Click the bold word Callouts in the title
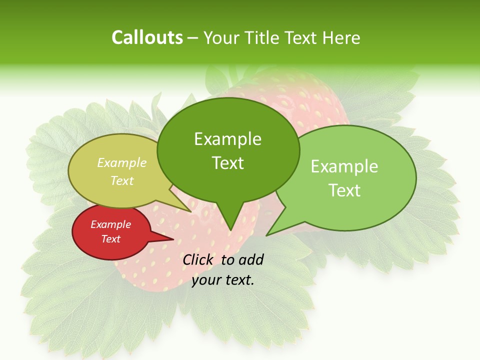pos(147,37)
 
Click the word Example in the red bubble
pos(111,224)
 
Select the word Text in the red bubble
pos(111,239)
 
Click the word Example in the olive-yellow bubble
pos(122,162)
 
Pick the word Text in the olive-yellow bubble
pos(122,180)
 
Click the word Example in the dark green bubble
pos(227,139)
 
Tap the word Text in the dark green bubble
pos(227,163)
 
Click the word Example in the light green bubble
pos(344,166)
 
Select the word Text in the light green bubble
pos(344,190)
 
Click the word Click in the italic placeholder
pos(198,259)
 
